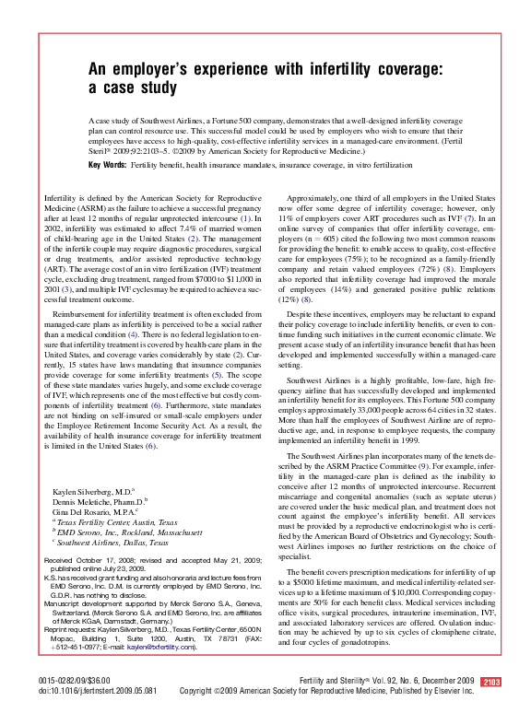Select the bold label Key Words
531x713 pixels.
pyautogui.click(x=107, y=164)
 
